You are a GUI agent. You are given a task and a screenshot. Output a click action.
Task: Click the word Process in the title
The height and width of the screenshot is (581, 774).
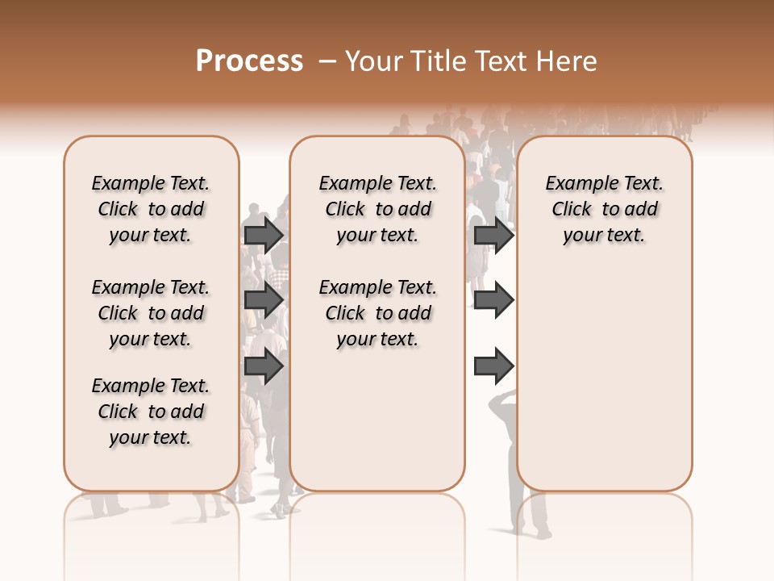(249, 61)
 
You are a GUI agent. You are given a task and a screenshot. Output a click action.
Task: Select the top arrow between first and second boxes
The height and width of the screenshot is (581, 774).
(264, 236)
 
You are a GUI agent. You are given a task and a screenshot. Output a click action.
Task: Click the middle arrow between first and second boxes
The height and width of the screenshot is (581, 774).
(264, 300)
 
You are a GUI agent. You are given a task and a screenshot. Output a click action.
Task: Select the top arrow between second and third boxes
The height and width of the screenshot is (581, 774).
(493, 236)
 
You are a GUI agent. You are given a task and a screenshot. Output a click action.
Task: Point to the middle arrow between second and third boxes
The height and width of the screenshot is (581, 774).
(493, 300)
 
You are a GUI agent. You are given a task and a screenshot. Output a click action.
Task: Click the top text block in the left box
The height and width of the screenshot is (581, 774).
(151, 209)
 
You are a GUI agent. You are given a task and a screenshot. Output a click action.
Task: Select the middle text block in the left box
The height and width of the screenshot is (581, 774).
(151, 313)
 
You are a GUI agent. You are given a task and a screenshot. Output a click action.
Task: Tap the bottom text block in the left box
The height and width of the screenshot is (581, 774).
(151, 412)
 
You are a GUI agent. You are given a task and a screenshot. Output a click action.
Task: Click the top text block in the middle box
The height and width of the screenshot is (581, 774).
(377, 209)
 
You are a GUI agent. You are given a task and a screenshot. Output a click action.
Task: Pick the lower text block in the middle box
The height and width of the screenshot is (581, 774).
(377, 313)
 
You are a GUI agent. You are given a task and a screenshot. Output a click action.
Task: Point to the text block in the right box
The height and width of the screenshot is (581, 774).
(604, 209)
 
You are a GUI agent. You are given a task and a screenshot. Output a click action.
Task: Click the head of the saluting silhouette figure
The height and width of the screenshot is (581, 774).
(506, 401)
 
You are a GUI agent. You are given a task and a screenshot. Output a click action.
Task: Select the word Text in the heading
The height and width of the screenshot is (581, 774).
(504, 61)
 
